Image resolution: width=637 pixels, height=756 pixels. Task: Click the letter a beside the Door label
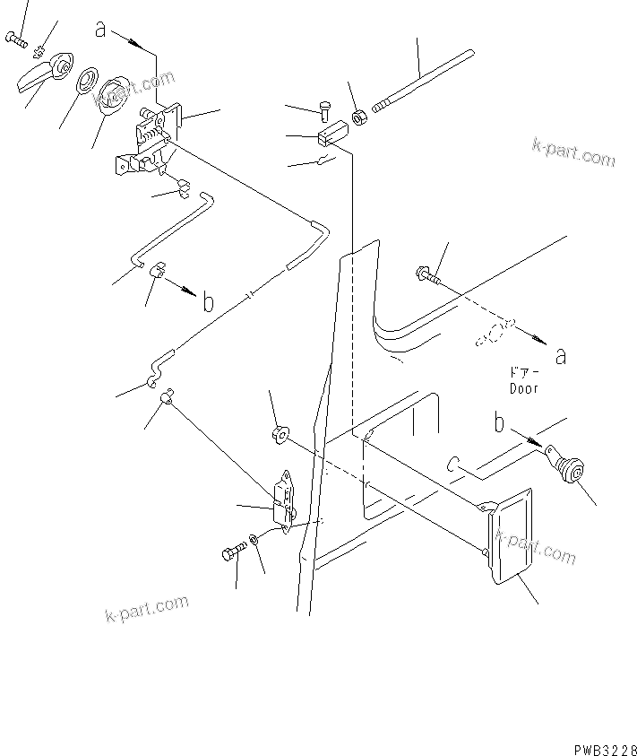(x=561, y=356)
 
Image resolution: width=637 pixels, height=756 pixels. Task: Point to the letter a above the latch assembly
(x=101, y=30)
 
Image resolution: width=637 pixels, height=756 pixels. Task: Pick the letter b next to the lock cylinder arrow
(x=500, y=421)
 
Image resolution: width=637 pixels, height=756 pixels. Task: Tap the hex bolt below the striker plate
(x=230, y=553)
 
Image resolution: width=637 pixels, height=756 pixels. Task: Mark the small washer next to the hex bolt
(x=255, y=541)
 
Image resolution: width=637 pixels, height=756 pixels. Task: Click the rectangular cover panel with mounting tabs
(x=509, y=538)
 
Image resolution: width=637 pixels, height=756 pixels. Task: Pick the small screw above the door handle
(x=16, y=39)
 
